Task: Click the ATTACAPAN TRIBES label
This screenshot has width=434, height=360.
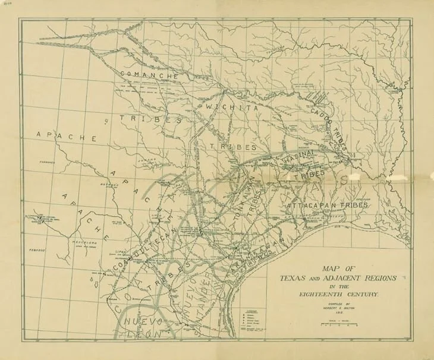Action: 327,205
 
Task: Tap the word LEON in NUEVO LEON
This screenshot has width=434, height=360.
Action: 143,334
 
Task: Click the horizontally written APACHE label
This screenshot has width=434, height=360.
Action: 67,136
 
